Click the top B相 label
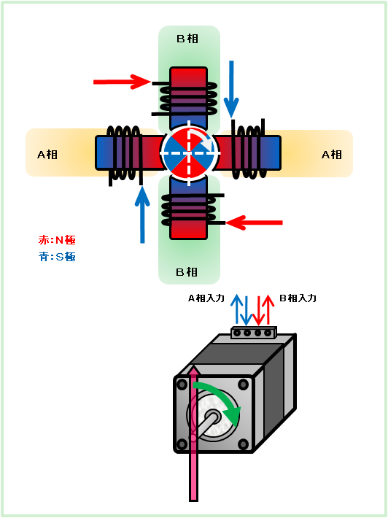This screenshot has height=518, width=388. click(187, 39)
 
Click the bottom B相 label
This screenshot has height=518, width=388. click(187, 272)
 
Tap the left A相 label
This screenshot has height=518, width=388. click(47, 154)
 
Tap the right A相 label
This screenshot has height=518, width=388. click(332, 154)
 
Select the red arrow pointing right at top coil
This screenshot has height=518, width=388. click(122, 82)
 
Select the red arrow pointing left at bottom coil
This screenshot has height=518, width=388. click(254, 223)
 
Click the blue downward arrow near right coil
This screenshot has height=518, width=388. click(231, 89)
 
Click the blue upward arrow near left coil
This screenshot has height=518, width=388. click(142, 214)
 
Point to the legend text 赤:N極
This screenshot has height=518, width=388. click(57, 240)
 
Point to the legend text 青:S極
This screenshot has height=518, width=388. click(57, 257)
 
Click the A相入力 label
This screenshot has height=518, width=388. click(206, 298)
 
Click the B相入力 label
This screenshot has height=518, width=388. click(298, 298)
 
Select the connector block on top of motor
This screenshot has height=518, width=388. click(253, 333)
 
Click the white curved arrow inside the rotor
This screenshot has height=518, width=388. click(203, 138)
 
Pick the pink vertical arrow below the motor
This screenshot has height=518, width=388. click(193, 433)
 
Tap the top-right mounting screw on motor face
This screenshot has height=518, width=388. click(244, 384)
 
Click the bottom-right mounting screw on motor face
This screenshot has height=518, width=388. click(244, 444)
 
